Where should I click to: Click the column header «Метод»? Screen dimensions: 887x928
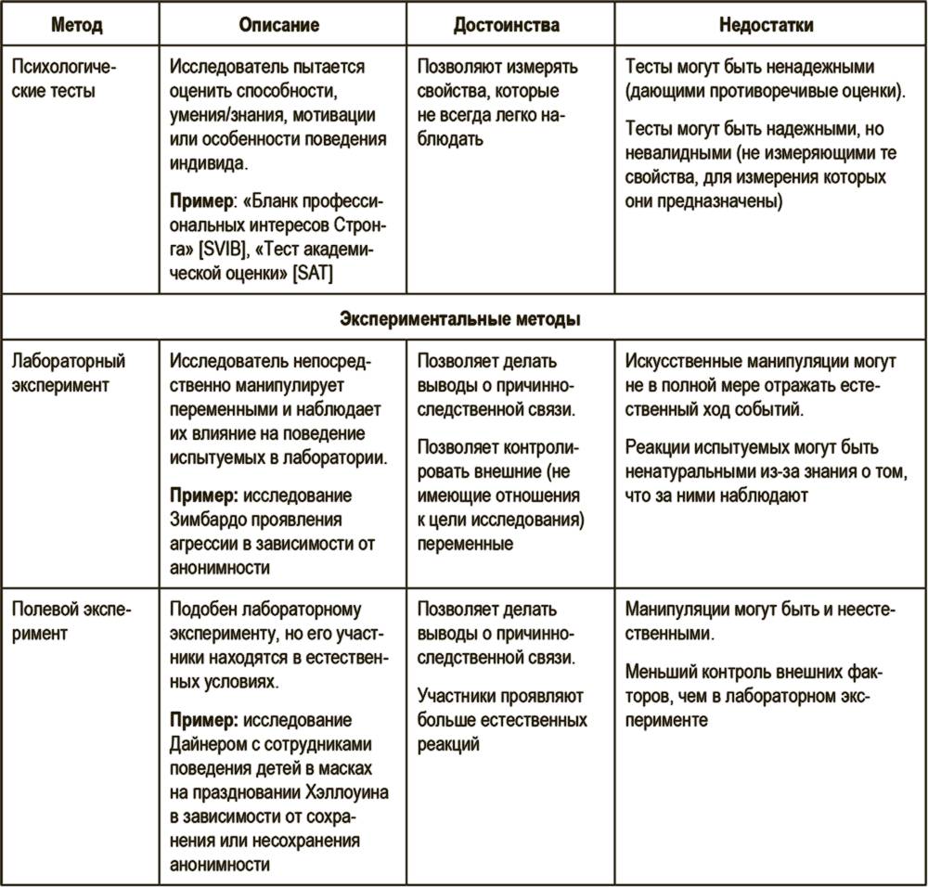coord(76,25)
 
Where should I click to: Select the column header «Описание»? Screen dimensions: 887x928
coord(278,25)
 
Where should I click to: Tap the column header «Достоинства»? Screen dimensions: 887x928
coord(507,25)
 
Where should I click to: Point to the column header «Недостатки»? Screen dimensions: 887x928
coord(767,25)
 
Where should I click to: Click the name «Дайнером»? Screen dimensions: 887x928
coord(210,743)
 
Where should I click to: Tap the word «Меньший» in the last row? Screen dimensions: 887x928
coord(659,671)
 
